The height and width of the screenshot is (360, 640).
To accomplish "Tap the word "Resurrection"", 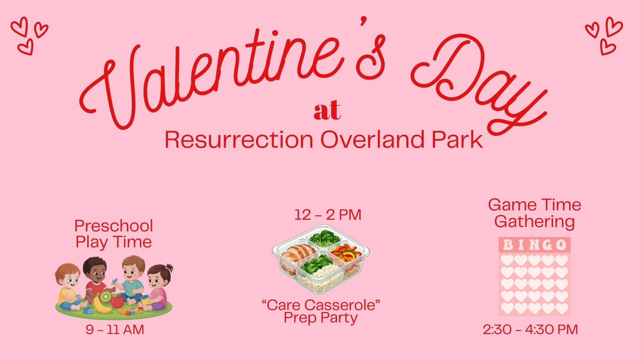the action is coord(239,140).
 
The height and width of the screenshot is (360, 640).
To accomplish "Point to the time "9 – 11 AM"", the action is coord(115,330).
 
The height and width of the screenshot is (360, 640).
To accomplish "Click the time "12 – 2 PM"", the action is coord(328,215).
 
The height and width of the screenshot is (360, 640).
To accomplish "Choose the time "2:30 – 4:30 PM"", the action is coord(530,329).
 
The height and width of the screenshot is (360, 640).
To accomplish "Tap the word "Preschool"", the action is coord(114,226).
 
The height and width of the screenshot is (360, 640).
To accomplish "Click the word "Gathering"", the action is coord(535,222).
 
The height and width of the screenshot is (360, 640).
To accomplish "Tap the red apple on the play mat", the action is coord(117,301).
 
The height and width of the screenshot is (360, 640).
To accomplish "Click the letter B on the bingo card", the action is coord(508,245).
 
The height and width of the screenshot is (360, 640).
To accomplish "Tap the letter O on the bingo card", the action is coord(561,245).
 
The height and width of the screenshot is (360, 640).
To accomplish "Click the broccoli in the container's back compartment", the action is coord(324,237).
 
